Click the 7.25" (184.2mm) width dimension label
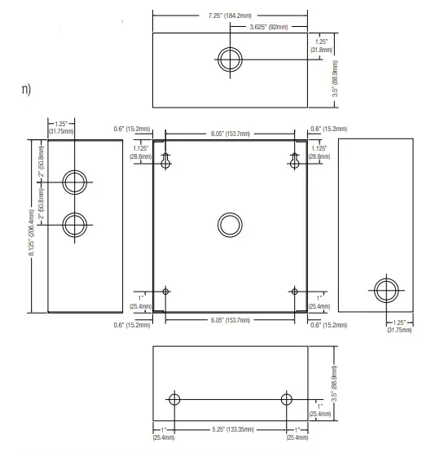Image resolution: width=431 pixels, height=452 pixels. [230, 15]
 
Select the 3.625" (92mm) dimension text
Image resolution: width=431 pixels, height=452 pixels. [269, 27]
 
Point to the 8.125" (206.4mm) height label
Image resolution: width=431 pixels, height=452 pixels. [32, 232]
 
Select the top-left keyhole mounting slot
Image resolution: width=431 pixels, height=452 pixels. [165, 161]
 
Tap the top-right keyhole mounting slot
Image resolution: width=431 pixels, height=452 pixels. [294, 161]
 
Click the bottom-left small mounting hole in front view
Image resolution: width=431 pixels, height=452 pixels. [165, 292]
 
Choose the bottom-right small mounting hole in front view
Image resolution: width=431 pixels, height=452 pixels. [294, 292]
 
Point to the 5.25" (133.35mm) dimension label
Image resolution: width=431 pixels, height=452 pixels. [233, 429]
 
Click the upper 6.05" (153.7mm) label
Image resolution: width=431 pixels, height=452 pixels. [231, 134]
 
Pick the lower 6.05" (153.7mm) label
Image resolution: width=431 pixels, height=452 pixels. [231, 320]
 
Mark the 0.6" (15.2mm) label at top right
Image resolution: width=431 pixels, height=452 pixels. [328, 129]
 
